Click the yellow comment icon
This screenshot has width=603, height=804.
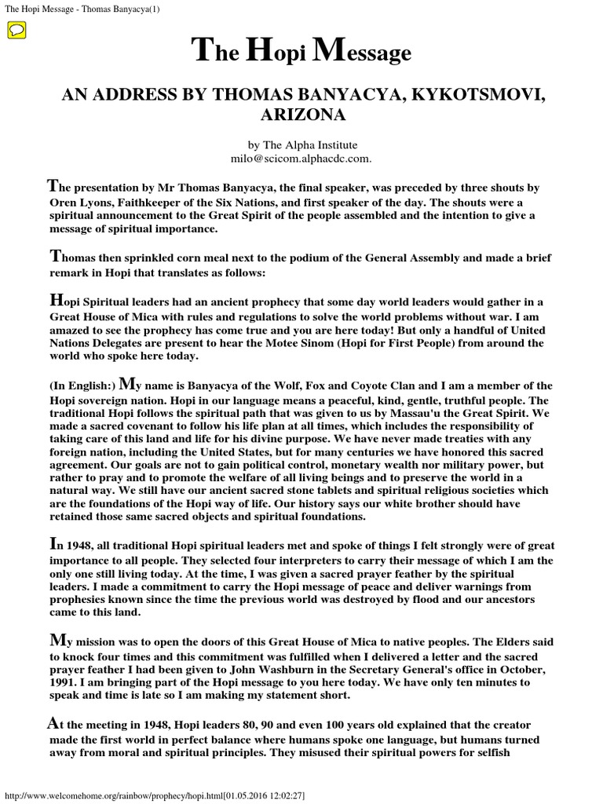pyautogui.click(x=16, y=31)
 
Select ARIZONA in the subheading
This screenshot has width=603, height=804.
pyautogui.click(x=301, y=115)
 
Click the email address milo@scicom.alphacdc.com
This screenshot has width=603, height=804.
pyautogui.click(x=301, y=158)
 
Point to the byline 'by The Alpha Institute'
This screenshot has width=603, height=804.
pyautogui.click(x=301, y=145)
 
